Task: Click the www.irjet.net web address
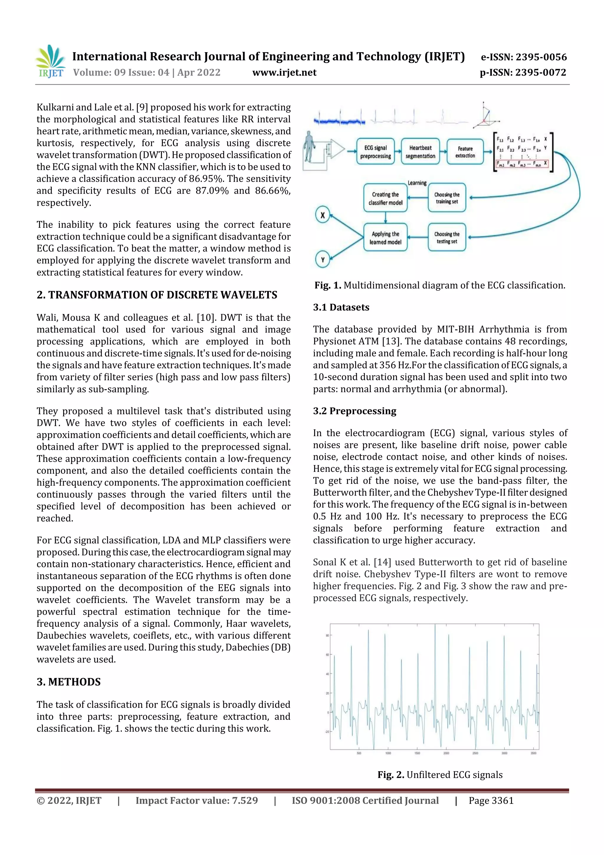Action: click(x=284, y=73)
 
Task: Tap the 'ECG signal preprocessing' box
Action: click(x=375, y=152)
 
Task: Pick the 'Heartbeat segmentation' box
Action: click(x=420, y=152)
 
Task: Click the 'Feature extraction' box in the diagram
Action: click(x=465, y=152)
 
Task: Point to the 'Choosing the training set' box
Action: click(x=447, y=198)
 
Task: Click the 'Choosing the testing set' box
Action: click(x=447, y=238)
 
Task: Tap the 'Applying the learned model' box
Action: click(x=385, y=238)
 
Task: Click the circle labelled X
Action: click(x=323, y=215)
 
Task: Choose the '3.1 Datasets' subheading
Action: click(x=341, y=307)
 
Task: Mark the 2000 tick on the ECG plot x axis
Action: click(x=446, y=753)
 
